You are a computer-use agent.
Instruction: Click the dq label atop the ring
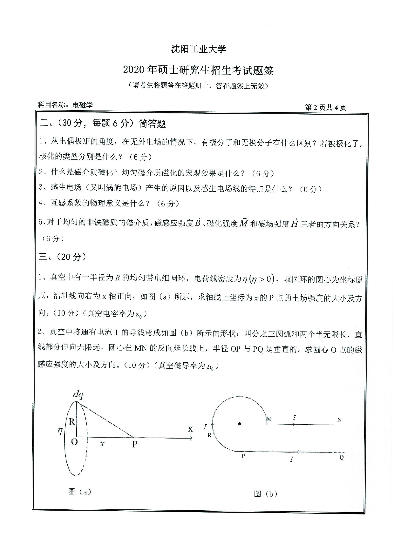[78, 395]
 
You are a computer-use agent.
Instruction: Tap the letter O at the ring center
[74, 442]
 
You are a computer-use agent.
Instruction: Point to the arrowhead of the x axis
[191, 439]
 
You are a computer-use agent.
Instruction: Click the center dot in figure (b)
[240, 424]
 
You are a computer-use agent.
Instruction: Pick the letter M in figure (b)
[269, 419]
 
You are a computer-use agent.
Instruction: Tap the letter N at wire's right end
[339, 420]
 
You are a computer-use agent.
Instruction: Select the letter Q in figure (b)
[342, 458]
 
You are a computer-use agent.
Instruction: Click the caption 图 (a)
[79, 492]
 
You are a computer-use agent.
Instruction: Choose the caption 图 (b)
[265, 494]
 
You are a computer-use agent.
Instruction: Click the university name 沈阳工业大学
[198, 49]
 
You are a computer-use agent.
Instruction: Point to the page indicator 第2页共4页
[325, 108]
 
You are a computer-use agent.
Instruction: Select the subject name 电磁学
[82, 105]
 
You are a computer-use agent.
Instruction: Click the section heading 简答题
[152, 124]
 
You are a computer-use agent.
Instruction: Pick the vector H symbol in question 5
[295, 223]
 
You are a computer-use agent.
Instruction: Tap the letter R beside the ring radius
[72, 422]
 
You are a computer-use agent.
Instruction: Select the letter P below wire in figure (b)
[243, 456]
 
